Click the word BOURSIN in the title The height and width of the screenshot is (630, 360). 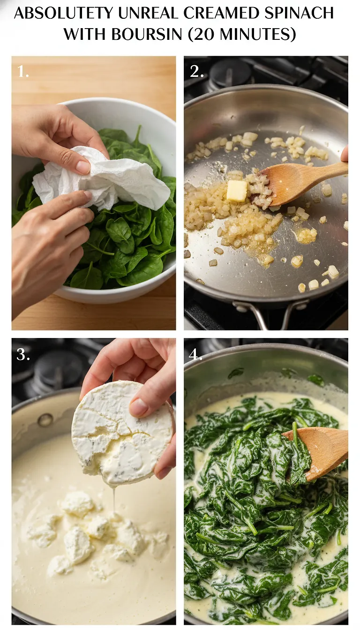[x=145, y=34]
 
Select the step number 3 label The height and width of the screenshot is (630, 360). [x=23, y=355]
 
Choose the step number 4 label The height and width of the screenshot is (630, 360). [x=195, y=355]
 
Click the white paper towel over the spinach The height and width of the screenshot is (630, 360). [x=103, y=178]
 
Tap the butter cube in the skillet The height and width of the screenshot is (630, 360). [x=237, y=191]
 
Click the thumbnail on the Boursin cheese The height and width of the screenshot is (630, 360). [x=139, y=407]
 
